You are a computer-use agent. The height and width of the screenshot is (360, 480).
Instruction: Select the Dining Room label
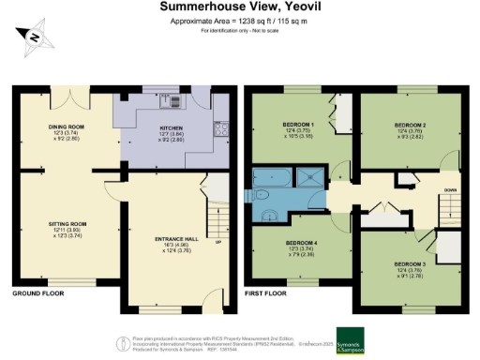click(x=67, y=128)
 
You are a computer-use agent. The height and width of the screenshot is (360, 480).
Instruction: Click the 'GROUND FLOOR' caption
click(x=37, y=294)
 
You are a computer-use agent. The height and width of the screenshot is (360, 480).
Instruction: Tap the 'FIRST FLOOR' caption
click(x=265, y=294)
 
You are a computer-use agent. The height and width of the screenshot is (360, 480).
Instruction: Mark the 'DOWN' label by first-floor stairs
click(x=451, y=187)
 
